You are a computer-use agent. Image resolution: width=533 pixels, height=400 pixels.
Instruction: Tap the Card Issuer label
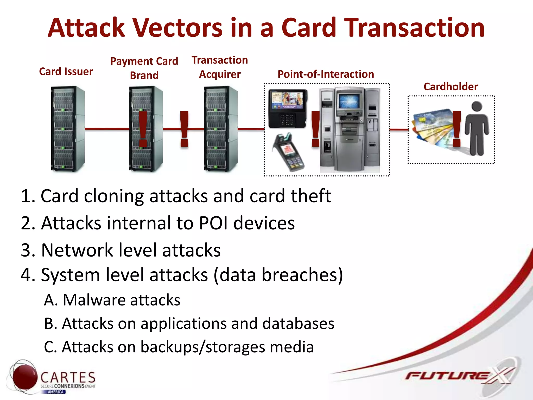click(66, 71)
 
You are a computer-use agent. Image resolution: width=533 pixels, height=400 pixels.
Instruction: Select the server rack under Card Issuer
click(68, 129)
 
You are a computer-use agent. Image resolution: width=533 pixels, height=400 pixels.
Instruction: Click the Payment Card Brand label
click(144, 68)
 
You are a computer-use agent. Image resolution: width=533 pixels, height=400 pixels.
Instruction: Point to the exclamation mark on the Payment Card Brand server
click(143, 129)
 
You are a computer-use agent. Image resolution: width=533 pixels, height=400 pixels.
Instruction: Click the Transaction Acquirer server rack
click(220, 129)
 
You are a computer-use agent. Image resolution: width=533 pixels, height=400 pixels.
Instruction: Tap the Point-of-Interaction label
click(326, 74)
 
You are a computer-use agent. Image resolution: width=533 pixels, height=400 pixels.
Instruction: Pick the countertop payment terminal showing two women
click(287, 108)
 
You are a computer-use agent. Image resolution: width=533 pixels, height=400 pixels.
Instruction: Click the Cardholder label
click(450, 87)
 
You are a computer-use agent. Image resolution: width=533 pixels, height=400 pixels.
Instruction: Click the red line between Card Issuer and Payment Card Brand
click(107, 129)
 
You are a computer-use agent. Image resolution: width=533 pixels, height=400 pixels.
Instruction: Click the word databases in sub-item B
click(298, 324)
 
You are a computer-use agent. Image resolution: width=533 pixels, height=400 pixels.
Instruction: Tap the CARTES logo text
click(68, 378)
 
